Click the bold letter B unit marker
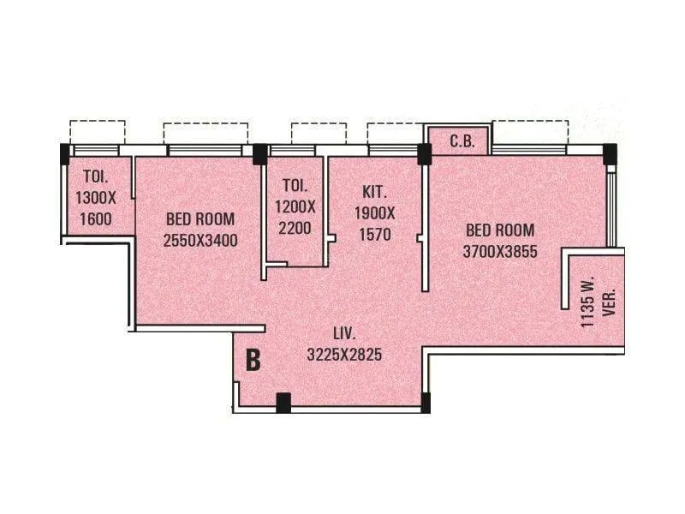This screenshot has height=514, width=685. coord(253,360)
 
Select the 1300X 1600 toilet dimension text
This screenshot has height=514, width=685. coord(95,208)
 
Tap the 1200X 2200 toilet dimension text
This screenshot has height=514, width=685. coord(295,218)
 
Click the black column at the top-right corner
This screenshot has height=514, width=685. coord(609,152)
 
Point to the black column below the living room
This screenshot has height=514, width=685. coord(283,402)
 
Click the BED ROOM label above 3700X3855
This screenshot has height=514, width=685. coord(500,230)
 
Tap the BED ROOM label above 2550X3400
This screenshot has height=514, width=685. coord(200,219)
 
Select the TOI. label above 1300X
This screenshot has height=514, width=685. coord(95,177)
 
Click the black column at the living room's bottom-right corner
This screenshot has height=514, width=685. coord(426,402)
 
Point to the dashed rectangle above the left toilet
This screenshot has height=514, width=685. coord(98,132)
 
